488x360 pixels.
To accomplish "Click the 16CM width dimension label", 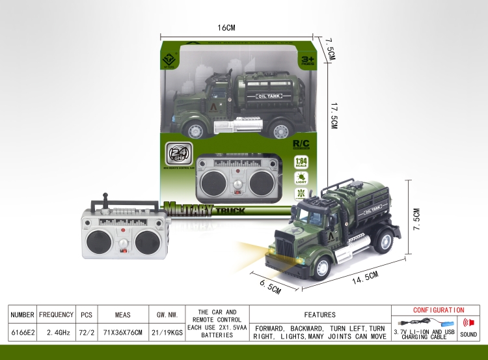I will (225, 27).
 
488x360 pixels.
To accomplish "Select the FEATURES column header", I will (319, 314).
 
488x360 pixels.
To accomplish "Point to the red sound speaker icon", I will (467, 323).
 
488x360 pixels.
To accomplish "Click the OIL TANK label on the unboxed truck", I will (359, 210).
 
